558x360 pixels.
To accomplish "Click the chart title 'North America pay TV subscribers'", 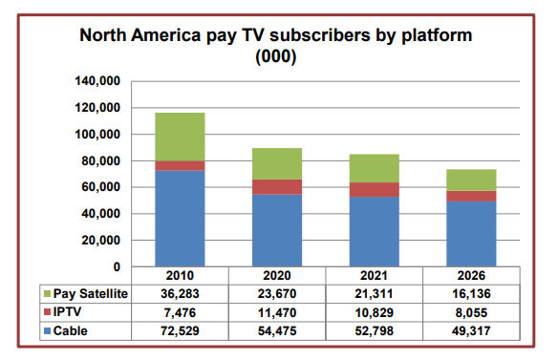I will (x=276, y=37).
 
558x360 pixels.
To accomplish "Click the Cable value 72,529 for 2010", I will (x=181, y=329).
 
